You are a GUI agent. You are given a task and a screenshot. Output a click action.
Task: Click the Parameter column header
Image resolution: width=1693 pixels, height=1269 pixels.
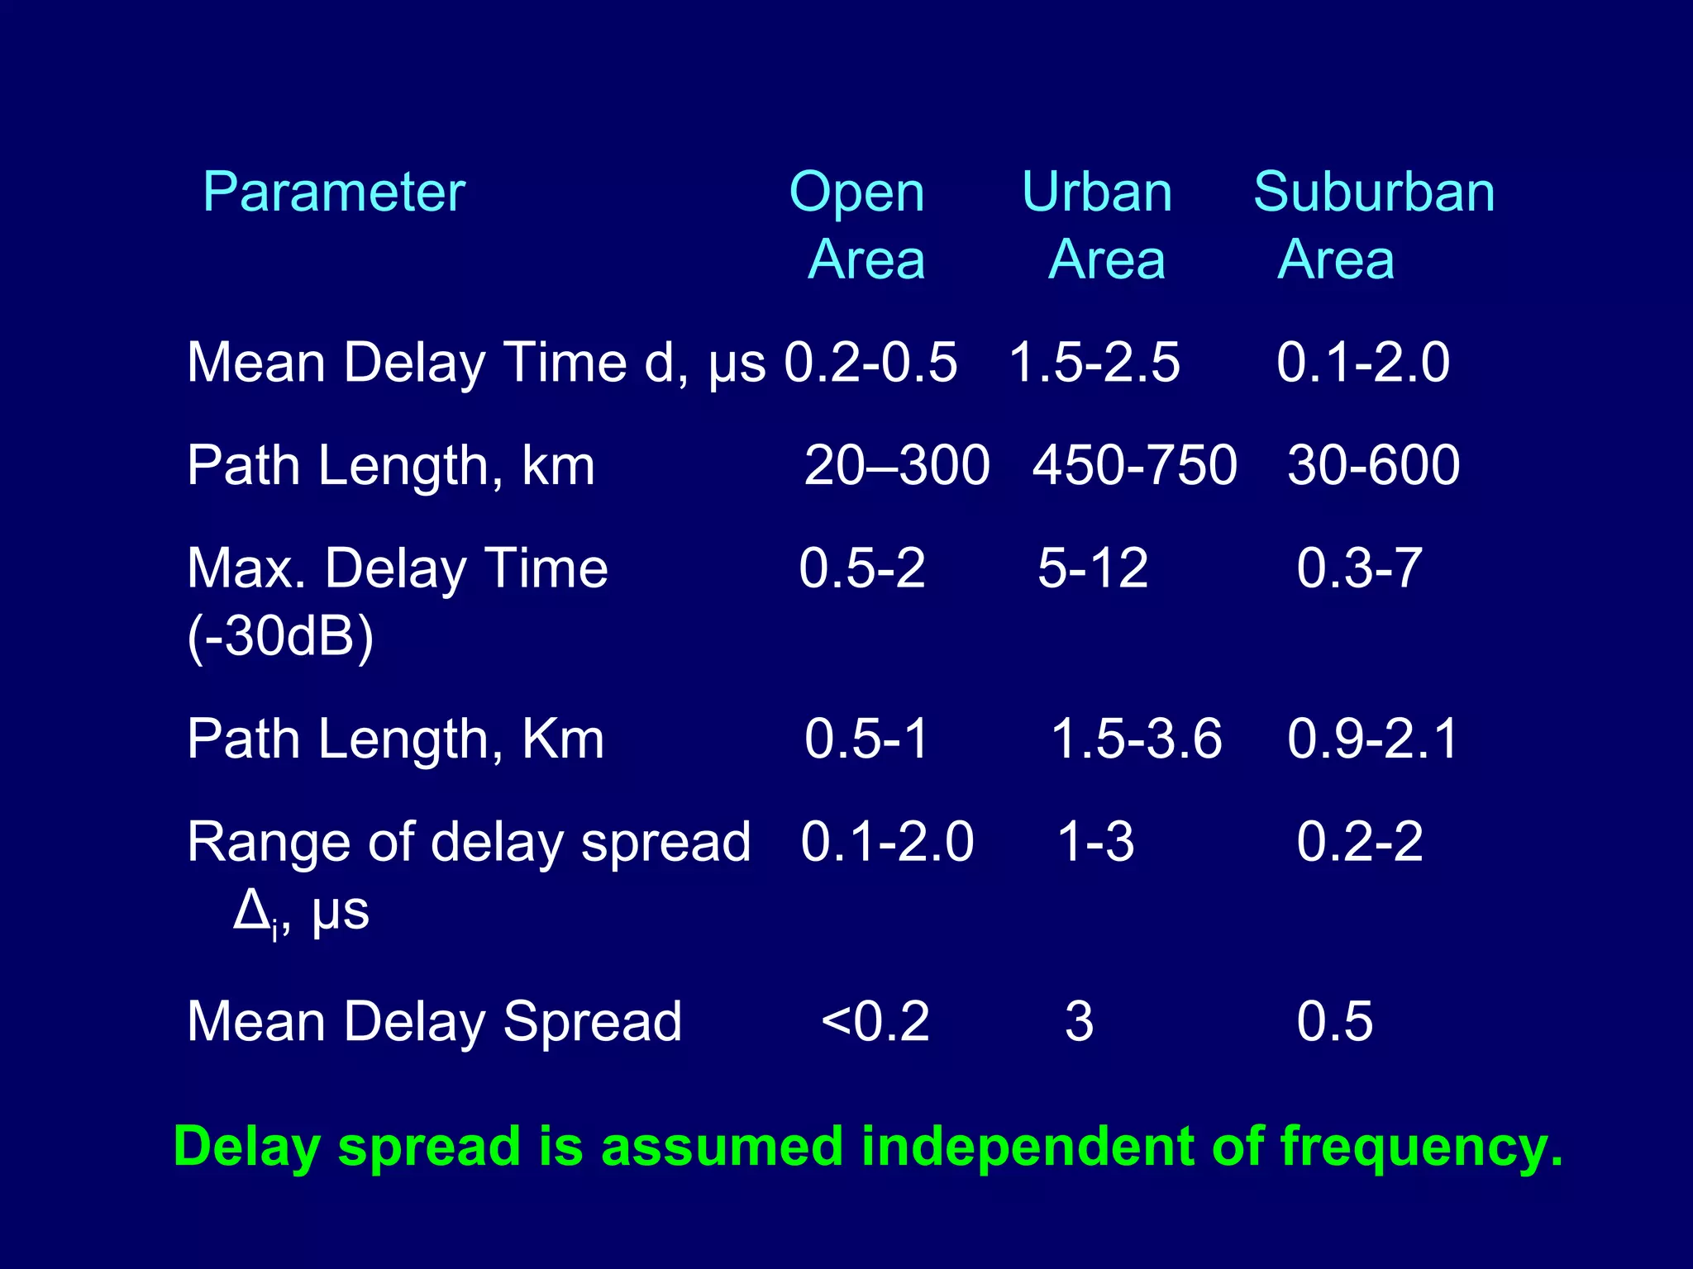click(334, 192)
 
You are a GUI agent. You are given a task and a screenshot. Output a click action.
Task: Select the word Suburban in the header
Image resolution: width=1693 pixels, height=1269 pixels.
click(1374, 192)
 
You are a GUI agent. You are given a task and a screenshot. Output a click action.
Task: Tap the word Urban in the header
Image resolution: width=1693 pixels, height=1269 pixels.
click(1097, 192)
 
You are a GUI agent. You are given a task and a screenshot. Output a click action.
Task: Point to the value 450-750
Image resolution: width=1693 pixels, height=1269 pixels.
click(1134, 464)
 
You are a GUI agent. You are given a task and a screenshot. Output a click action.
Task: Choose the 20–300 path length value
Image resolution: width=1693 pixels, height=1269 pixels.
click(897, 464)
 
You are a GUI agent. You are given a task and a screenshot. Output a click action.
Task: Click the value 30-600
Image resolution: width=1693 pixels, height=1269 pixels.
click(1373, 464)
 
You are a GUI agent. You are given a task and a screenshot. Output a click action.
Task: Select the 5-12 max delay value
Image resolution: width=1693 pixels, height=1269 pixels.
click(1093, 568)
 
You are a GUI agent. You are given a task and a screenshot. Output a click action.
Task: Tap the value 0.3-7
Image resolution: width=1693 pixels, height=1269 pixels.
click(1359, 568)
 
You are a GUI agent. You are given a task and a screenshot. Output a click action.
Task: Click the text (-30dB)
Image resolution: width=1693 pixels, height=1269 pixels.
click(280, 636)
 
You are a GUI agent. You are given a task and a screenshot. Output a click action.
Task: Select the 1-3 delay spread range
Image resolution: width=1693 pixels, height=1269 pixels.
click(1095, 842)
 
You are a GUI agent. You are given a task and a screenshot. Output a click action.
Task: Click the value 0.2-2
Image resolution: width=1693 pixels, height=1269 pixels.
click(1359, 842)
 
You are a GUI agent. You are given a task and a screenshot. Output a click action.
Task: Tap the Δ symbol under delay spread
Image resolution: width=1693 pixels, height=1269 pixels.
click(250, 910)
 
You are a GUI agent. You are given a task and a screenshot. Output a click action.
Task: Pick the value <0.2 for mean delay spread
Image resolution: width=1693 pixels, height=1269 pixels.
click(875, 1021)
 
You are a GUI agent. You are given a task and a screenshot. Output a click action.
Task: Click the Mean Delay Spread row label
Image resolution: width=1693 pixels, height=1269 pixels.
click(434, 1021)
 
